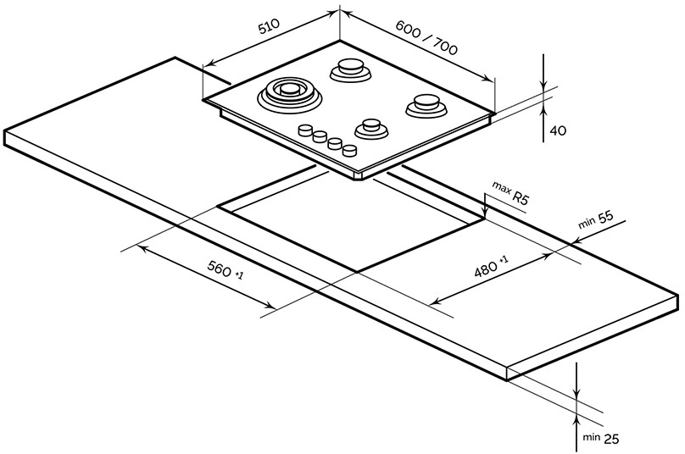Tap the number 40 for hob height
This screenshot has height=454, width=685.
pos(557,130)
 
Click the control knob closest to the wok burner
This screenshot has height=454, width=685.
pos(304,131)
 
